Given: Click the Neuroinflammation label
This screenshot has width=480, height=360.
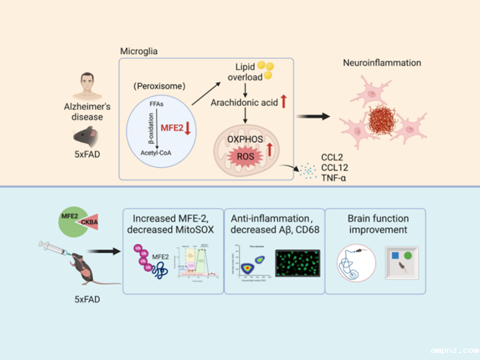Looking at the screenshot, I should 382,62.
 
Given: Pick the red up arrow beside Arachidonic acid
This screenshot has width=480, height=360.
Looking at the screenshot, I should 284,102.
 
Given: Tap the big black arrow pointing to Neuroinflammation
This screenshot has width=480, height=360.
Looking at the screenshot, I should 316,116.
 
